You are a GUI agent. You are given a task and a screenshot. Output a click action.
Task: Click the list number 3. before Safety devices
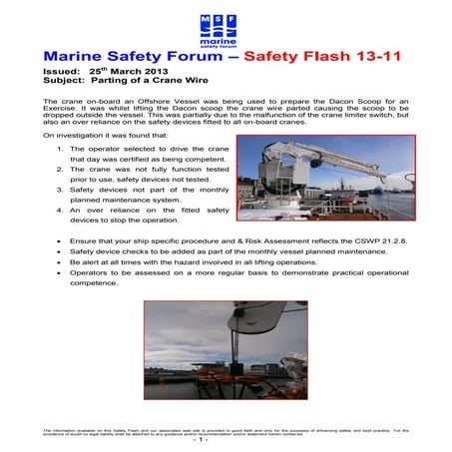[62, 190]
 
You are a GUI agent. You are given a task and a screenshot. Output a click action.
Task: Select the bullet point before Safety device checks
[61, 252]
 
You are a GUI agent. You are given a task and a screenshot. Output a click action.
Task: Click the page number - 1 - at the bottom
[226, 440]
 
